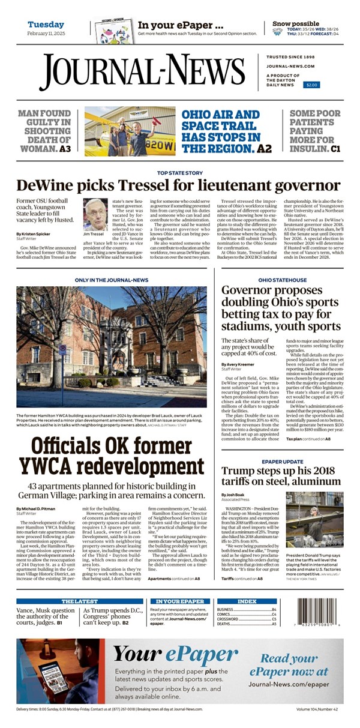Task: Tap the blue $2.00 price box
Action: tap(312, 85)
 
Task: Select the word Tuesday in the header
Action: tap(46, 25)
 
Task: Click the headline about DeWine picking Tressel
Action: tap(178, 185)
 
